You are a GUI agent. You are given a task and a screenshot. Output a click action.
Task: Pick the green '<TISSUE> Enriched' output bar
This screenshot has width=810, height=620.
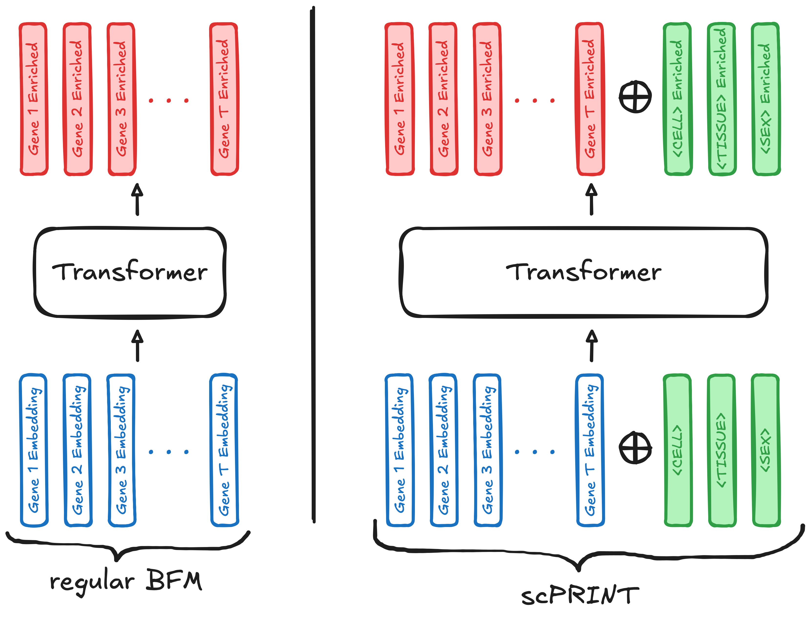pos(722,99)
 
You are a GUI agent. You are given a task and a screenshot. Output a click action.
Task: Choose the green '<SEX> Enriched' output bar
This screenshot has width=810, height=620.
pos(766,99)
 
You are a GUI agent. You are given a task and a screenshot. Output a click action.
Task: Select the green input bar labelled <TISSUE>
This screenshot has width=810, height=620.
pos(722,450)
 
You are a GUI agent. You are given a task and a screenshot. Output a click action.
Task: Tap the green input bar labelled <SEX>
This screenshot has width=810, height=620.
pos(766,450)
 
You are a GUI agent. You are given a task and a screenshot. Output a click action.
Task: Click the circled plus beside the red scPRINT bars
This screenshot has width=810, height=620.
pos(635,97)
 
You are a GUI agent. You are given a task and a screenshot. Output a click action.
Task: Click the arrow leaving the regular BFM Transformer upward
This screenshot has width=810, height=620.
pos(137,199)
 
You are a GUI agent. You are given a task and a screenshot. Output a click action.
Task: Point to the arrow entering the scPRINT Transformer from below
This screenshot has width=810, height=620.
pos(592,346)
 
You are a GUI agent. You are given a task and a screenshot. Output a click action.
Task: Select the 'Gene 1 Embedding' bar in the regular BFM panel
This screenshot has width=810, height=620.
pos(34,450)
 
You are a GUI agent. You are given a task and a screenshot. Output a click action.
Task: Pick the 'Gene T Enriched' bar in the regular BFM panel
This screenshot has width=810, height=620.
pos(224,99)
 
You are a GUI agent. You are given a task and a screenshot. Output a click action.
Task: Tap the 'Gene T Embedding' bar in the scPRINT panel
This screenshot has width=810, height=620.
pos(590,450)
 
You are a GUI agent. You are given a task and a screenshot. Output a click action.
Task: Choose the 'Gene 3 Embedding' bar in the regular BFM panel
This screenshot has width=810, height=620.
pos(121,450)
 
